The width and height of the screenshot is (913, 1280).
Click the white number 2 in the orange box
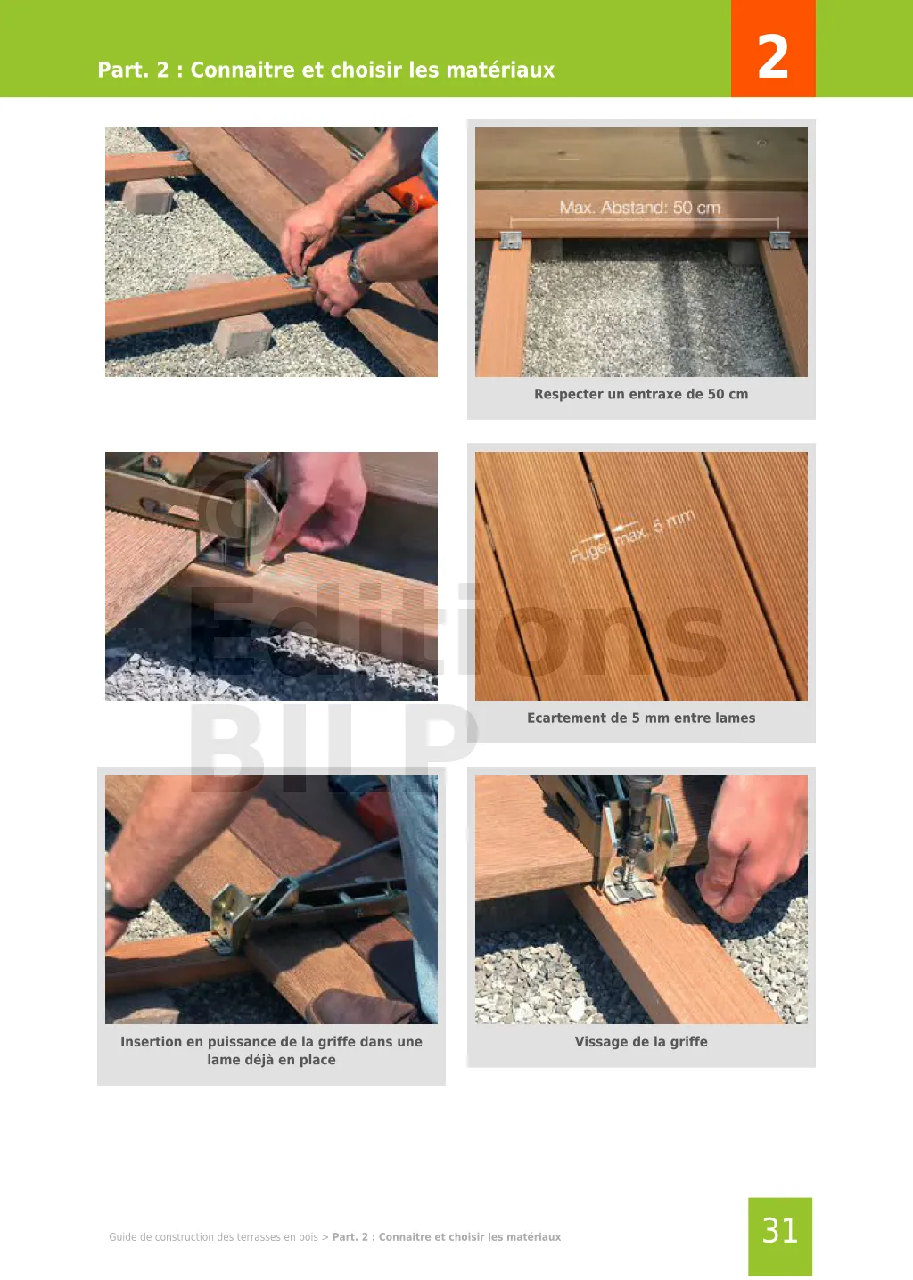pos(773,56)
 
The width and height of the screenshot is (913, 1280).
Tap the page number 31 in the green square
pos(780,1230)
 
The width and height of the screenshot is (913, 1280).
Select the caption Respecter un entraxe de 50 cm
pos(641,394)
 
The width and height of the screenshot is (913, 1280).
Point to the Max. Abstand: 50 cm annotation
pos(640,208)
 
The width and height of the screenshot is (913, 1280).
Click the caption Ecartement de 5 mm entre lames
pos(641,718)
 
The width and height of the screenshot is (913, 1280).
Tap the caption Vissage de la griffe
pos(641,1042)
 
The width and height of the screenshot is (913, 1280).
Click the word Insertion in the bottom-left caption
pos(152,1042)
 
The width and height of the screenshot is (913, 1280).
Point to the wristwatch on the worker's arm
pos(358,267)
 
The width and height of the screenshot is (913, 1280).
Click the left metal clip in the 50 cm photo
pos(512,240)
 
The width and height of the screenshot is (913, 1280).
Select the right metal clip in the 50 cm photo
pos(779,240)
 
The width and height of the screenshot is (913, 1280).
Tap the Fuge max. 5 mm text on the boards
pos(632,536)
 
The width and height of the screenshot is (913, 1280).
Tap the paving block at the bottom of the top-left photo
pos(243,334)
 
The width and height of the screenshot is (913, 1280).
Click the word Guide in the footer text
pos(123,1237)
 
